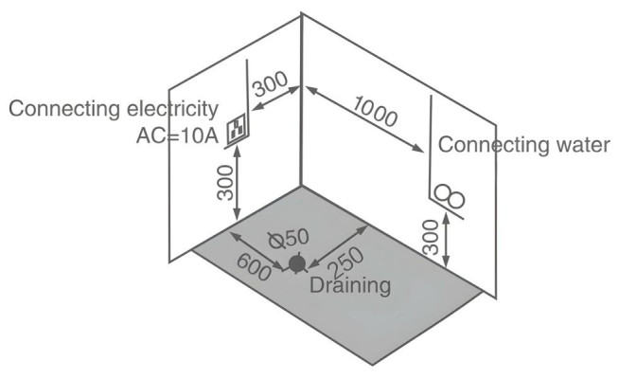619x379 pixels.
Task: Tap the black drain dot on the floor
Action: coord(297,264)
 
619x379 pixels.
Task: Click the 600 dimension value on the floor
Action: coord(254,267)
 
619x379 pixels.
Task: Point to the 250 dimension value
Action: coord(345,262)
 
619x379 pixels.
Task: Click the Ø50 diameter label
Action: coord(289,239)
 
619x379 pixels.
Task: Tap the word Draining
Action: coord(350,285)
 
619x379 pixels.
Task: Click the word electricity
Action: coord(172,108)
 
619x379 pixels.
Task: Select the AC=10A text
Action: coord(177,136)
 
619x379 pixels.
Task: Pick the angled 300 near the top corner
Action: coord(271,83)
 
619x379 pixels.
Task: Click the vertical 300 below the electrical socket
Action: coord(226,183)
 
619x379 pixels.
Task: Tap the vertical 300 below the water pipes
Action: coord(431,237)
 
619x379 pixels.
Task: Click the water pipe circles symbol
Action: coord(450,195)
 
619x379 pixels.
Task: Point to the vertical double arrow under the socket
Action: coord(238,183)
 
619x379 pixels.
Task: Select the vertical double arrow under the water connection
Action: coord(446,240)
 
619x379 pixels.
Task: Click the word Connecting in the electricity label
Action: coord(64,109)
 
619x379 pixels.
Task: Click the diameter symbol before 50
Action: coord(276,241)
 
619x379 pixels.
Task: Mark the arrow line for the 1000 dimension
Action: coord(364,119)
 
